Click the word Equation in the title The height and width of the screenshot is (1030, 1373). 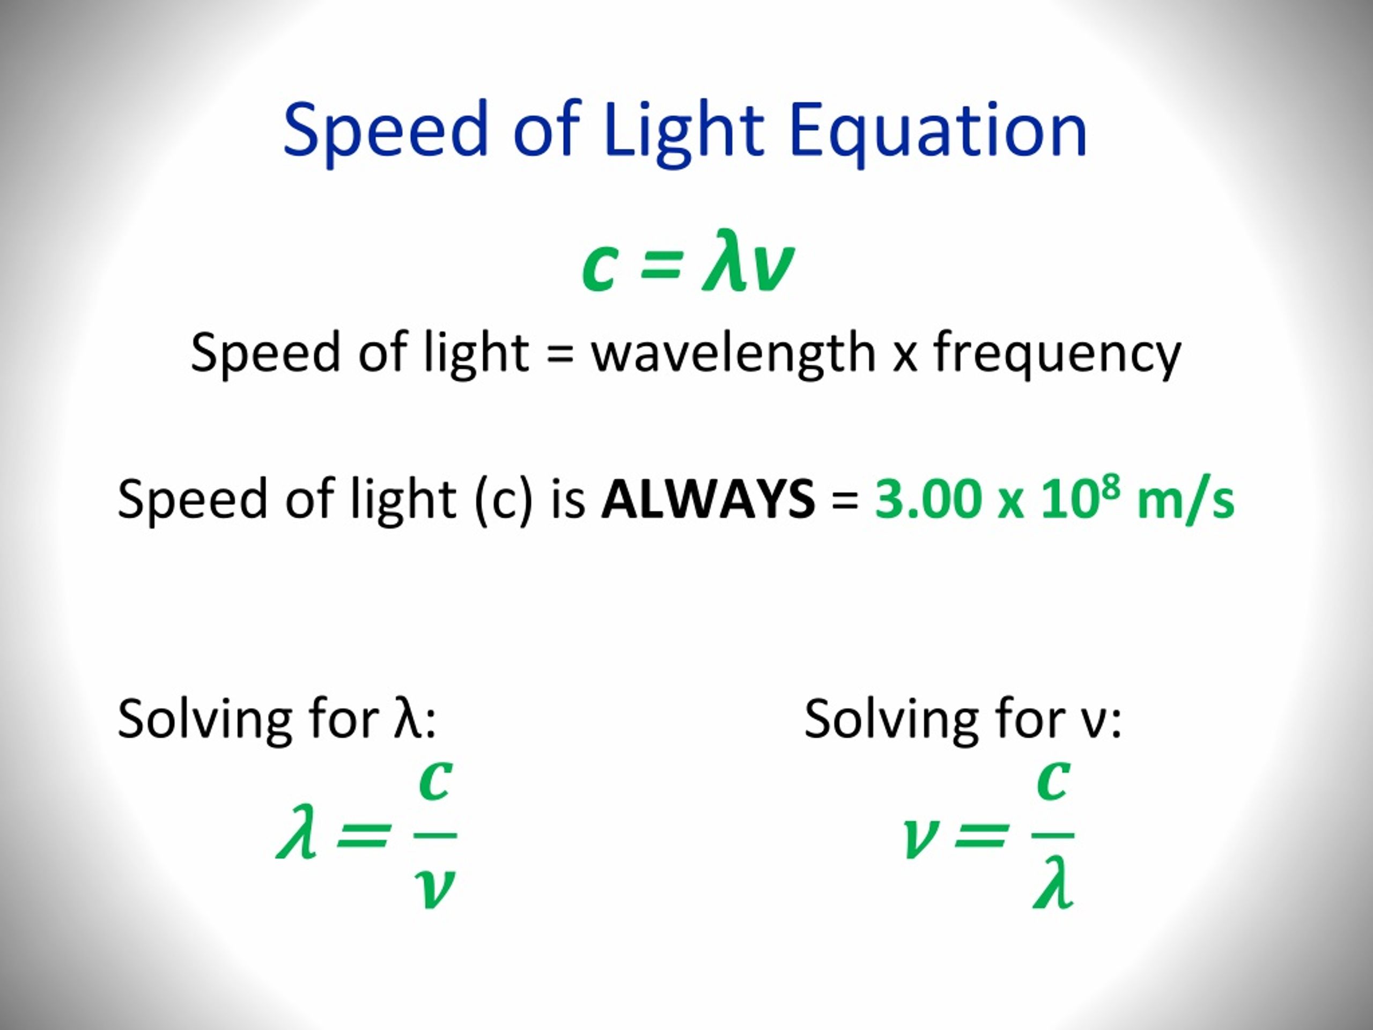coord(939,131)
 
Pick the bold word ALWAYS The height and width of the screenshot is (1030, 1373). coord(707,499)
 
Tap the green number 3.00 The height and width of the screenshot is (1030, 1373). coord(927,499)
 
